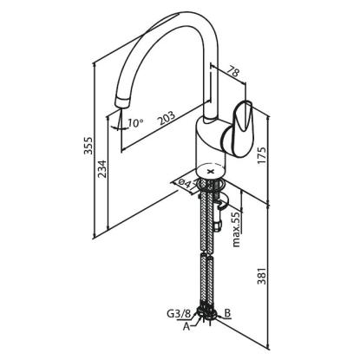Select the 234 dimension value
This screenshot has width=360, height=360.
tap(101, 169)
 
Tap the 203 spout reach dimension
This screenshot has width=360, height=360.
tap(167, 118)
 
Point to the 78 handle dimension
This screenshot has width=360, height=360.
tap(233, 71)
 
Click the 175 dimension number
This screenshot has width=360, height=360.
tap(261, 156)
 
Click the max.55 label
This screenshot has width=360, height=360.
tap(237, 230)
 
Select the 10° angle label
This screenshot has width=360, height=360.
tap(135, 123)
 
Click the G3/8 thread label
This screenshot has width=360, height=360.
tap(179, 314)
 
